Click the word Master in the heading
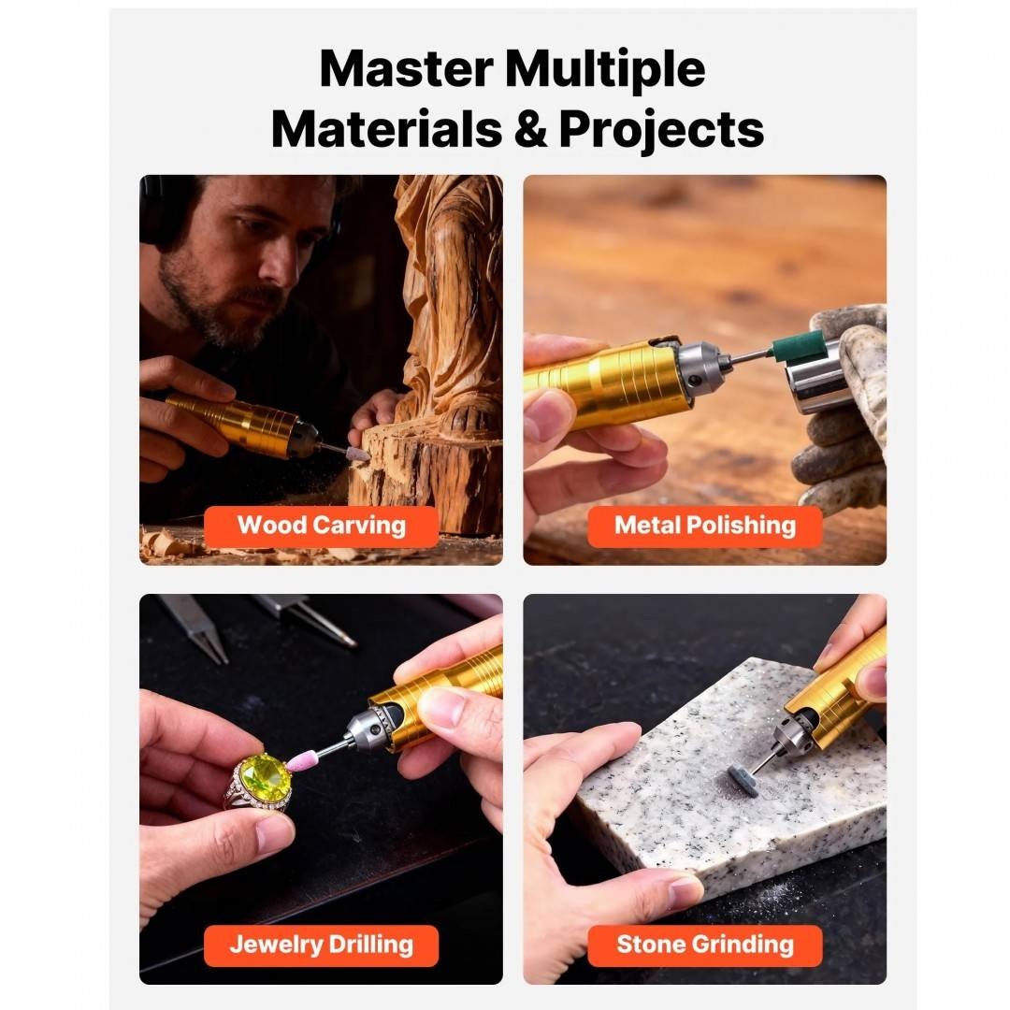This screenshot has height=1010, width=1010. pyautogui.click(x=406, y=68)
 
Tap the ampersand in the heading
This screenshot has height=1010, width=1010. pyautogui.click(x=530, y=129)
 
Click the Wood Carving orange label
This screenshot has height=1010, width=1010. pyautogui.click(x=322, y=526)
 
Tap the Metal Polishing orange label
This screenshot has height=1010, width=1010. pyautogui.click(x=705, y=526)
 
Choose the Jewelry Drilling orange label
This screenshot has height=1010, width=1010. pyautogui.click(x=322, y=945)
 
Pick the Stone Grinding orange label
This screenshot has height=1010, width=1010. pyautogui.click(x=705, y=945)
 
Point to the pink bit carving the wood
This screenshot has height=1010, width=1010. pyautogui.click(x=357, y=454)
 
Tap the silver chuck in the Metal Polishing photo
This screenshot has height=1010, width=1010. pyautogui.click(x=702, y=368)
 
